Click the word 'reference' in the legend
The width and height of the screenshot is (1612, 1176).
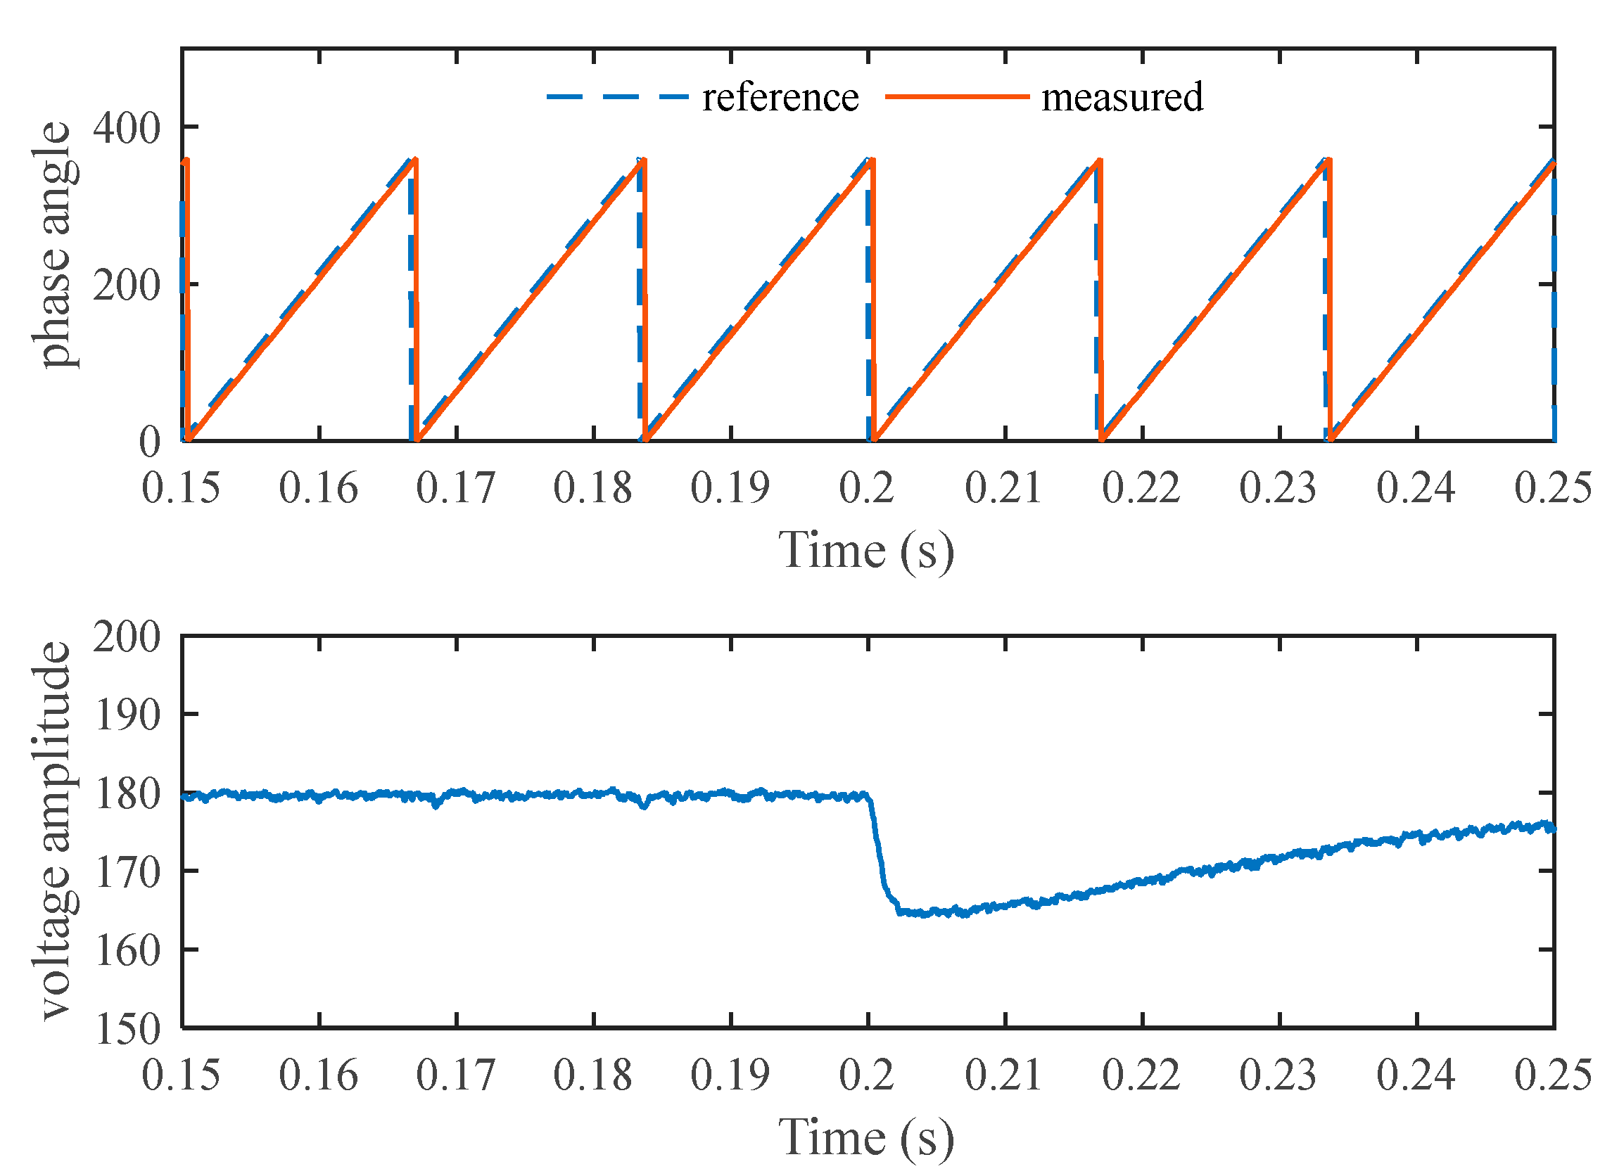tap(780, 98)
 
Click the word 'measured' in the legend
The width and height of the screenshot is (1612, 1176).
tap(1122, 98)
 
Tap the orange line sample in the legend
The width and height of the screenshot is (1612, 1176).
tap(958, 96)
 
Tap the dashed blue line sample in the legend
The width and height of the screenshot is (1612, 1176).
tap(617, 96)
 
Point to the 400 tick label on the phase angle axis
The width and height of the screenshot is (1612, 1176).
tap(126, 129)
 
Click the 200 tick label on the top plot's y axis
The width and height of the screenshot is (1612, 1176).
tap(126, 286)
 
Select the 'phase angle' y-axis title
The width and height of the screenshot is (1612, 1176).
tap(54, 245)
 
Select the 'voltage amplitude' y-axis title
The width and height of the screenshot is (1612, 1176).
tap(54, 832)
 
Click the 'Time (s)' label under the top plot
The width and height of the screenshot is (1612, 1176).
tap(866, 550)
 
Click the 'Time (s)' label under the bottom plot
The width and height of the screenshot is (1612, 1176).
tap(866, 1137)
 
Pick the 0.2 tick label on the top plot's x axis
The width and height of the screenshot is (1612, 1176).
tap(867, 489)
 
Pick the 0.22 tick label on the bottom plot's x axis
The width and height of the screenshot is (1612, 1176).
tap(1141, 1075)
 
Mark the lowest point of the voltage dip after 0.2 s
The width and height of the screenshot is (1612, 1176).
tap(926, 914)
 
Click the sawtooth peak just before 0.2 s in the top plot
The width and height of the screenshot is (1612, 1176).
tap(870, 161)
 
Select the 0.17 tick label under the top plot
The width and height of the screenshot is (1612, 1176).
tap(455, 489)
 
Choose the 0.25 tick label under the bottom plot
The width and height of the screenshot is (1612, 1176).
tap(1552, 1075)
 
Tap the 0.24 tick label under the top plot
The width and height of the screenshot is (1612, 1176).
tap(1416, 489)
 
